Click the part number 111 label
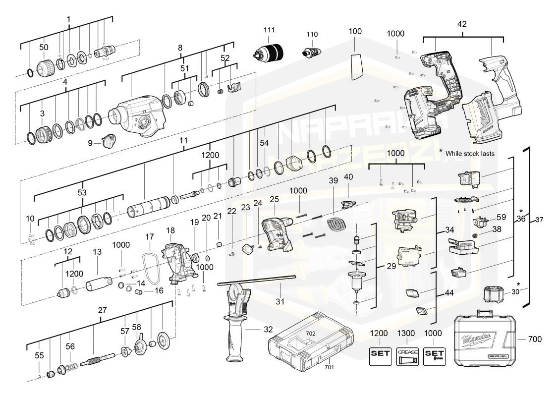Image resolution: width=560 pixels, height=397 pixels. click(x=269, y=30)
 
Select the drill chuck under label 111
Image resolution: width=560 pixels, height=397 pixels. click(x=269, y=52)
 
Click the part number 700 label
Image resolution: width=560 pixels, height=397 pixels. click(x=535, y=339)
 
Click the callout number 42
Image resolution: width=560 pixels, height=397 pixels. click(x=462, y=23)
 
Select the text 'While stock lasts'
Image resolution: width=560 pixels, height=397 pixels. click(x=469, y=154)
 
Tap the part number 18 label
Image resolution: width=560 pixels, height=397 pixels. click(x=170, y=230)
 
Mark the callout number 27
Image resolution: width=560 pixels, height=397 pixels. click(x=102, y=310)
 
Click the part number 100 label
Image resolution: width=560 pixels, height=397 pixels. click(x=355, y=31)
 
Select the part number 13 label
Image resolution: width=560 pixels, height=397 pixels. click(x=97, y=252)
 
